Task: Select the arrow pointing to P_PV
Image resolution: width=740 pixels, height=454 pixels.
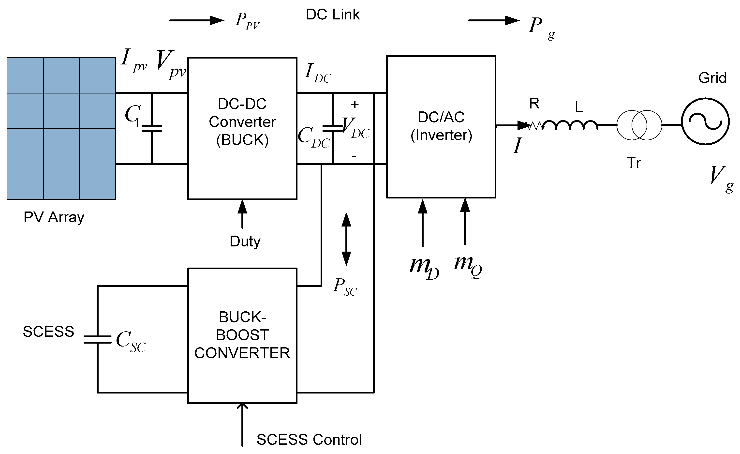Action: click(197, 20)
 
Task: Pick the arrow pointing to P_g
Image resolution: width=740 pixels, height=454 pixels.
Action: click(494, 20)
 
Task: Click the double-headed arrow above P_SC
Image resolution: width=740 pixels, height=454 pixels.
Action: click(346, 239)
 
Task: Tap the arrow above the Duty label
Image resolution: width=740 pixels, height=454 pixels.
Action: click(242, 214)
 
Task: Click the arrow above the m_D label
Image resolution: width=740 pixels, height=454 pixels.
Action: click(423, 223)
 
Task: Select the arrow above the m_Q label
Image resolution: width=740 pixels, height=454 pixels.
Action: click(465, 222)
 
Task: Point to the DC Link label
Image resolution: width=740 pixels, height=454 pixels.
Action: click(333, 15)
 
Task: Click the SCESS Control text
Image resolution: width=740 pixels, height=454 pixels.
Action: click(309, 439)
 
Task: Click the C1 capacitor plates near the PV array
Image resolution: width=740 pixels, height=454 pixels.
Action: click(152, 129)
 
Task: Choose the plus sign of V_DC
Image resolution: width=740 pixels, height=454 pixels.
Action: click(355, 104)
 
